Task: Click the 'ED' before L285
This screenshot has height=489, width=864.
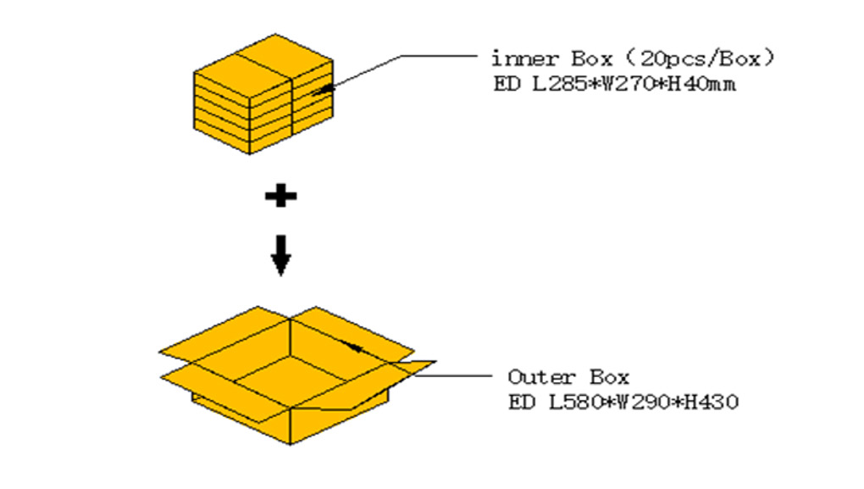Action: [501, 85]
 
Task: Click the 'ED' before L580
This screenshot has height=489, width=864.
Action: [518, 402]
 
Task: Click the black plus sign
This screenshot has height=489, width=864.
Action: [280, 197]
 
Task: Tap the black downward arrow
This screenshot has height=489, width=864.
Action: [280, 255]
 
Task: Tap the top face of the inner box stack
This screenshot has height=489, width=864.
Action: [263, 62]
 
